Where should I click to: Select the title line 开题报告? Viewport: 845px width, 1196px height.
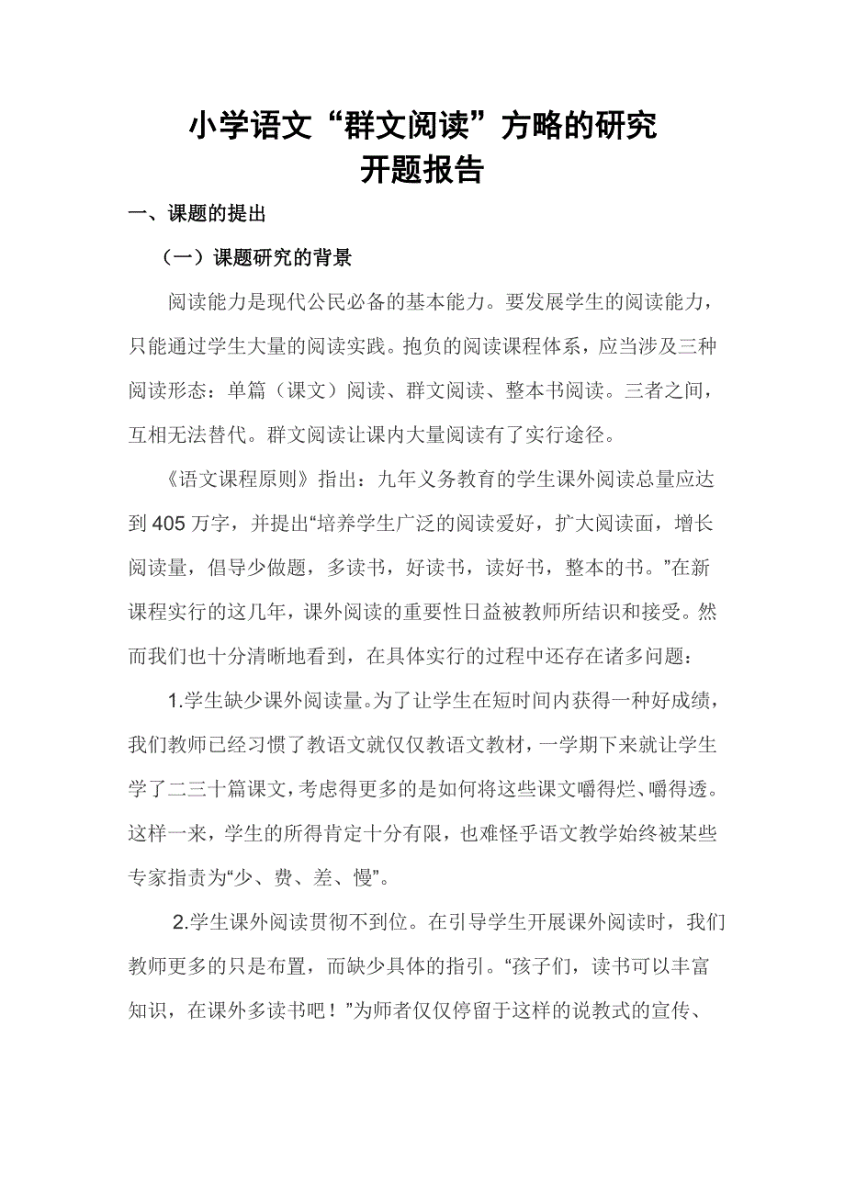422,170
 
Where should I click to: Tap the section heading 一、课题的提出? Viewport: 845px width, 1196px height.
197,215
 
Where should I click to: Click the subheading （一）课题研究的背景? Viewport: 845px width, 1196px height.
256,257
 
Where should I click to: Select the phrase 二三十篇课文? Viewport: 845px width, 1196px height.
218,789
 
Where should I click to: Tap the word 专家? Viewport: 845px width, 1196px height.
149,877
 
